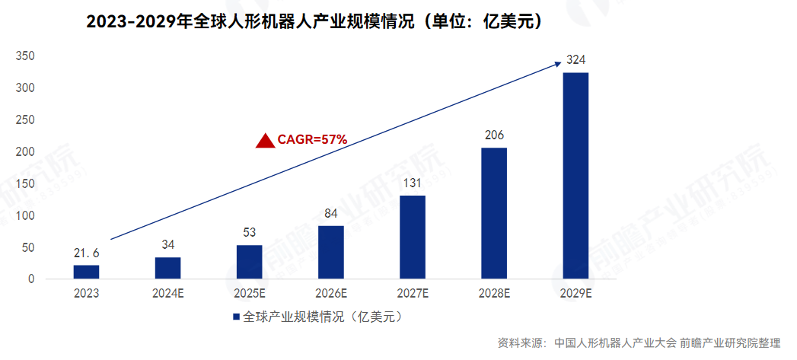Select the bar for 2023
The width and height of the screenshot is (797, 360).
click(86, 271)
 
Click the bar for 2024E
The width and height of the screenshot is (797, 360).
click(167, 268)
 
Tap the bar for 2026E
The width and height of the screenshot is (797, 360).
click(331, 252)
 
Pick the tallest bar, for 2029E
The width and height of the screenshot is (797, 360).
click(575, 175)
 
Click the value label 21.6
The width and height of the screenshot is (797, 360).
click(86, 253)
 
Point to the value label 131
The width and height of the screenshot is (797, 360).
click(413, 183)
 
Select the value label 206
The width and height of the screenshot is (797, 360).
click(494, 135)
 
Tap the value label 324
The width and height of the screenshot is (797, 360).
click(575, 59)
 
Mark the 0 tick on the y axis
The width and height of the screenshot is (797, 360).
click(32, 279)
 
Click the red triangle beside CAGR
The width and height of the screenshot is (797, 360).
click(265, 140)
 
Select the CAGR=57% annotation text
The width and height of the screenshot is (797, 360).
click(312, 139)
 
